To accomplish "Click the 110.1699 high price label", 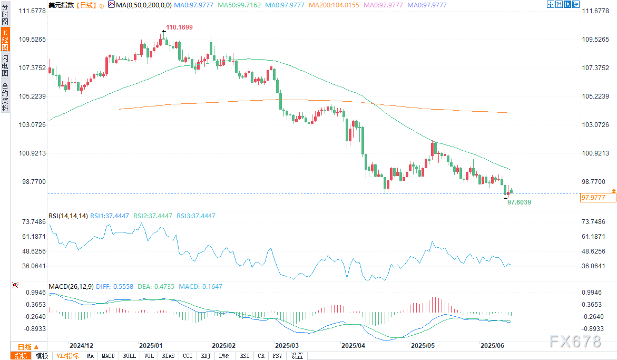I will (179, 27).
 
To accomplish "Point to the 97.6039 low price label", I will (519, 202).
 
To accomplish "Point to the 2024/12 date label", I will (81, 346).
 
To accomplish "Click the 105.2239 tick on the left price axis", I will (33, 96).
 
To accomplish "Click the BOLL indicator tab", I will (129, 356).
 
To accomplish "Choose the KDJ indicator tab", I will (205, 356).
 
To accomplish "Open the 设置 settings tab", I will (297, 356).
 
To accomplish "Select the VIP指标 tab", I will (67, 356).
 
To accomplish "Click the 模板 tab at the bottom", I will (42, 356).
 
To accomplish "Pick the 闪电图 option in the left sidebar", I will (5, 65).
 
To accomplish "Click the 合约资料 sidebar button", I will (5, 96).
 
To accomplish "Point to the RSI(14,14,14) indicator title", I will (67, 216).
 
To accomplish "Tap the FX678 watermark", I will (574, 342).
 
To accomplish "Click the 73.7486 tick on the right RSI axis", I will (593, 222).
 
